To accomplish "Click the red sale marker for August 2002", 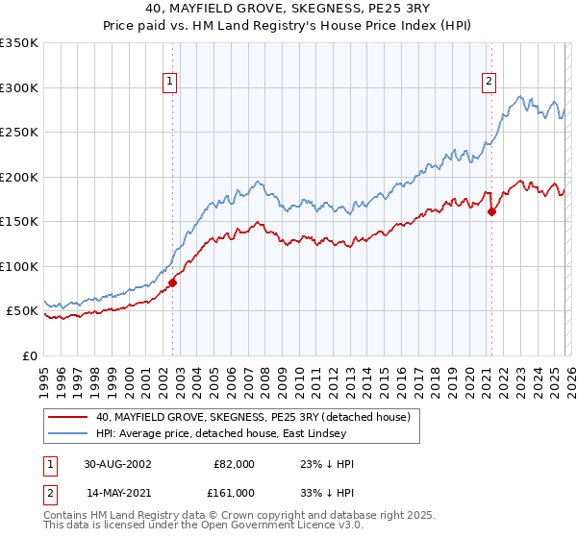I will click(x=173, y=282).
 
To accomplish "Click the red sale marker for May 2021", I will click(x=491, y=212).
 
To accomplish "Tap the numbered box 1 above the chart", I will click(x=169, y=83).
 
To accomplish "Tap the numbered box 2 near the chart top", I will click(x=489, y=83).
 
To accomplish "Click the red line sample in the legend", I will click(x=67, y=417).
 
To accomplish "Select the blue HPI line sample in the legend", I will click(x=67, y=433).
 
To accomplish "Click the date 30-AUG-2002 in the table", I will click(x=117, y=464).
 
